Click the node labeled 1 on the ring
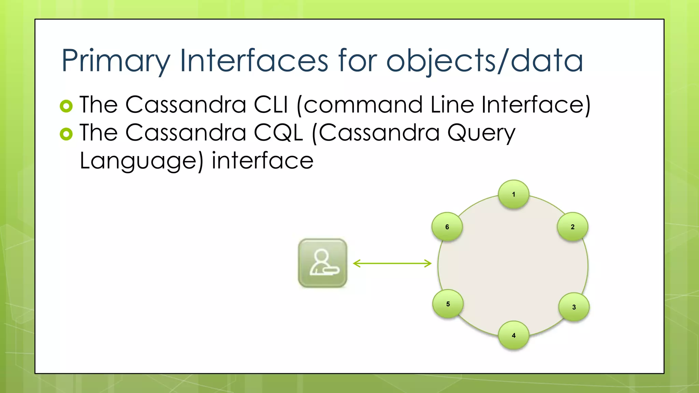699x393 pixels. (x=513, y=194)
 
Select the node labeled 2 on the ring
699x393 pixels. (x=572, y=227)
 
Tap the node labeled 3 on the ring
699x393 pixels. (x=574, y=307)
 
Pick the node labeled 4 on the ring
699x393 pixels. (x=513, y=335)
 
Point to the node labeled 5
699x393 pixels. (x=448, y=304)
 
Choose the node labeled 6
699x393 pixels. (x=447, y=227)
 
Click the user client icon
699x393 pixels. (x=323, y=263)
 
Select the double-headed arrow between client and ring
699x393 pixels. (x=392, y=263)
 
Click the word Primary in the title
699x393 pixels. (x=115, y=60)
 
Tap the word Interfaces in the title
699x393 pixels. (x=254, y=60)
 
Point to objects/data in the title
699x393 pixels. (x=484, y=60)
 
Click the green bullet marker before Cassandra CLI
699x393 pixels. (x=66, y=106)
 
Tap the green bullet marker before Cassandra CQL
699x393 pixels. (x=66, y=134)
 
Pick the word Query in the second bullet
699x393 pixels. (x=481, y=133)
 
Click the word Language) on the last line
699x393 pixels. (x=141, y=161)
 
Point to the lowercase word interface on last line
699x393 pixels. (x=262, y=160)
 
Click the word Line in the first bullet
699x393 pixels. (x=452, y=104)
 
